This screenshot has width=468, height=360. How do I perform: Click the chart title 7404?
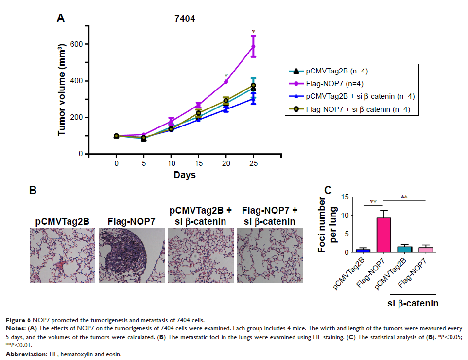185,19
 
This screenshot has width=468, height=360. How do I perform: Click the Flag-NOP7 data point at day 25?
253,47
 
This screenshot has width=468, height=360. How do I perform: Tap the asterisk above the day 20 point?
226,76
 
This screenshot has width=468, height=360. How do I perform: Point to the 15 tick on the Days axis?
198,163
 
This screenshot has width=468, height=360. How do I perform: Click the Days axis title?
185,175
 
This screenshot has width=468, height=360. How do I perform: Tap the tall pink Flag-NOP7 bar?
384,234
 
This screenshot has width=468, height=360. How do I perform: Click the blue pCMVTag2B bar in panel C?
363,251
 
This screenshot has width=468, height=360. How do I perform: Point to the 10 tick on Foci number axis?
347,216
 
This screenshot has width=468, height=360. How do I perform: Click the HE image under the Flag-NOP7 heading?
132,255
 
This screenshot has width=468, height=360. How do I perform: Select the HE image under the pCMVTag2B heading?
62,255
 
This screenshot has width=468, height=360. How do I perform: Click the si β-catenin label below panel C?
413,304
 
